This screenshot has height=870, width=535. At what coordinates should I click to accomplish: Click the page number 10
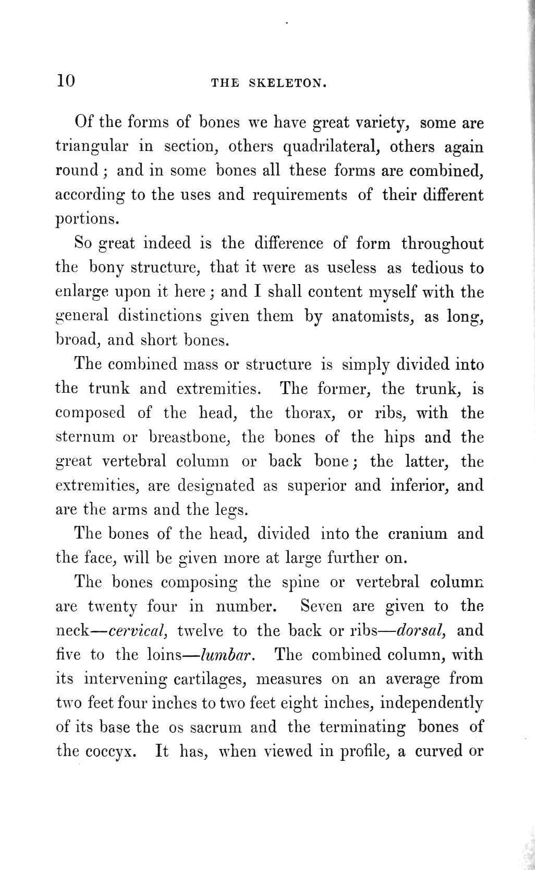click(66, 81)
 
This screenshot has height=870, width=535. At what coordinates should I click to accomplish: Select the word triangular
click(92, 147)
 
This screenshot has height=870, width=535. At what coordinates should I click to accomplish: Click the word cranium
click(418, 534)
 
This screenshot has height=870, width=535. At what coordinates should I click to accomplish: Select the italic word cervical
click(136, 631)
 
